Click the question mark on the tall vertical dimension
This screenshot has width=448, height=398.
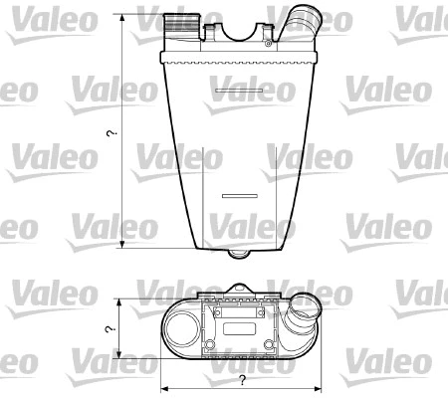click(112, 132)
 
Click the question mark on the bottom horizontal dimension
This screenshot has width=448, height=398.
click(242, 381)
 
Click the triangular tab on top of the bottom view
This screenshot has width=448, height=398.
click(239, 293)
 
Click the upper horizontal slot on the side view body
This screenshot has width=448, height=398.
click(235, 97)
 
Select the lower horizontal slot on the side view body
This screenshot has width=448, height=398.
click(239, 195)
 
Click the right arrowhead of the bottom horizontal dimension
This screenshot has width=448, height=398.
click(322, 387)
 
